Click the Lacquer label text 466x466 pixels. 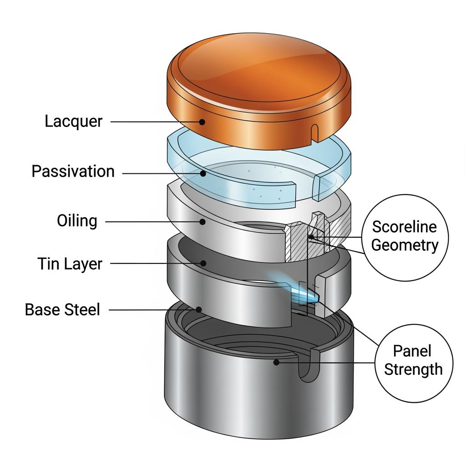point(74,122)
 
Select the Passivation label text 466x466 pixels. point(73,172)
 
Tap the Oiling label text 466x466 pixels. point(77,221)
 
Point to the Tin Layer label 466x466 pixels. point(70,263)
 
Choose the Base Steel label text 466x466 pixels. point(62,310)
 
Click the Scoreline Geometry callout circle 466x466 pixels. point(405,236)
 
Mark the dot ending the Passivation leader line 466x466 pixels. point(203,173)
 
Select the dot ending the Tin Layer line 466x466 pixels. point(203,263)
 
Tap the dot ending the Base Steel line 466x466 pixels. point(199,309)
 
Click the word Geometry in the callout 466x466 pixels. point(405,245)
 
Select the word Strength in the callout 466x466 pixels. point(413,369)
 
